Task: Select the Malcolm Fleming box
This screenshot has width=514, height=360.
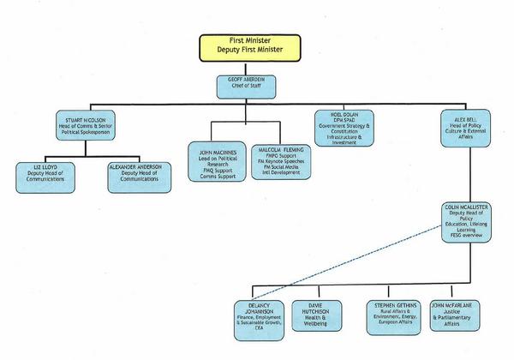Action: [x=284, y=159]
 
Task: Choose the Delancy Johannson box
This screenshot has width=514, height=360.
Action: [x=260, y=316]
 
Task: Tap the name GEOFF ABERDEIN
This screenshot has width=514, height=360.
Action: [x=244, y=81]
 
